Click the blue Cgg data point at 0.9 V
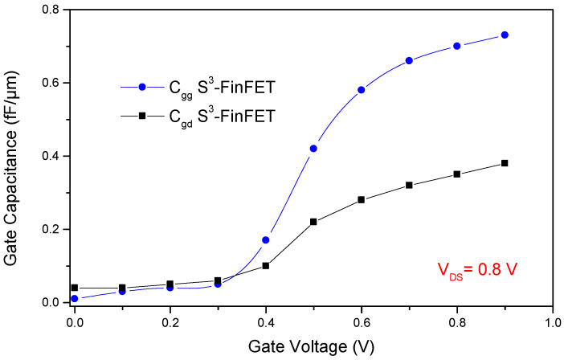pos(505,35)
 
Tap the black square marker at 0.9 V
pos(505,163)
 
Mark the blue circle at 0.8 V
pos(457,46)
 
